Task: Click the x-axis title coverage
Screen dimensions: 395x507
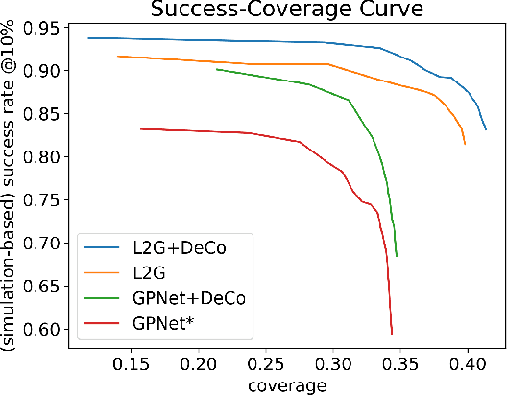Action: tap(285, 384)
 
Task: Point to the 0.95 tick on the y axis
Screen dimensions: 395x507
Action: tap(43, 28)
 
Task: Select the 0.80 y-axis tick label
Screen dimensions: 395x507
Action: tap(43, 157)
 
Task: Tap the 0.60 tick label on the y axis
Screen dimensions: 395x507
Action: tap(43, 329)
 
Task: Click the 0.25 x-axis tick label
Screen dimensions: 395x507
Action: tap(266, 364)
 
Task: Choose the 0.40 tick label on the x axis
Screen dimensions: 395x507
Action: tap(468, 364)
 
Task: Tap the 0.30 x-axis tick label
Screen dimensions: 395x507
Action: tap(333, 364)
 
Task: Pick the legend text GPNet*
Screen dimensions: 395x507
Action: tap(157, 323)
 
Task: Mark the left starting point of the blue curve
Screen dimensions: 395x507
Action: tap(88, 38)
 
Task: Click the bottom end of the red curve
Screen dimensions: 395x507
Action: tap(392, 334)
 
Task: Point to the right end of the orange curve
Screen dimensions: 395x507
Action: tap(465, 144)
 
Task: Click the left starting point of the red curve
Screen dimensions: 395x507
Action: tap(140, 128)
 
